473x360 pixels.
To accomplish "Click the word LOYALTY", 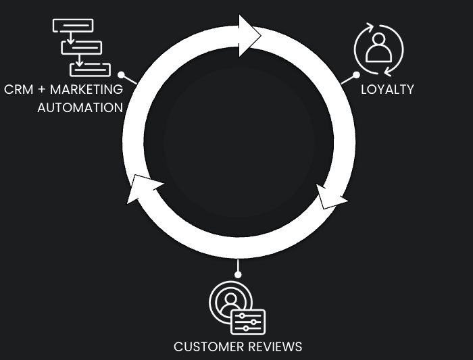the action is [x=387, y=89].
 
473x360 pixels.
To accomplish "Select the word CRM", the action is [x=19, y=89].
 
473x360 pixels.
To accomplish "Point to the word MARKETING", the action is [x=87, y=89].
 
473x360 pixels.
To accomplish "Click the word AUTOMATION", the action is [x=80, y=107].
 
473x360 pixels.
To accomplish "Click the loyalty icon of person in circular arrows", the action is [x=379, y=50].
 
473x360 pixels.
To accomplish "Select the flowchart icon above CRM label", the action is [x=81, y=47].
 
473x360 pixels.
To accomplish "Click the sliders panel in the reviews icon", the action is [x=248, y=322].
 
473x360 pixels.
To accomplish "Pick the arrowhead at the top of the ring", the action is [x=249, y=36].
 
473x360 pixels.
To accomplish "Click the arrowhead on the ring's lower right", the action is [x=330, y=197].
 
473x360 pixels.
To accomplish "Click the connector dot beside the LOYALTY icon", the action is [x=356, y=74].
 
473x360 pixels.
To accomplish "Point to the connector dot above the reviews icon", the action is [x=238, y=274].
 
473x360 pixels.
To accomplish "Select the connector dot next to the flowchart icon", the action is [x=121, y=75].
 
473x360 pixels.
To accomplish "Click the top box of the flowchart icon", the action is [x=73, y=26].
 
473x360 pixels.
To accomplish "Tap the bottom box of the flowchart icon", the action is [x=90, y=69].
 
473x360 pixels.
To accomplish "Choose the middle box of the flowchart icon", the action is [x=82, y=47].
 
